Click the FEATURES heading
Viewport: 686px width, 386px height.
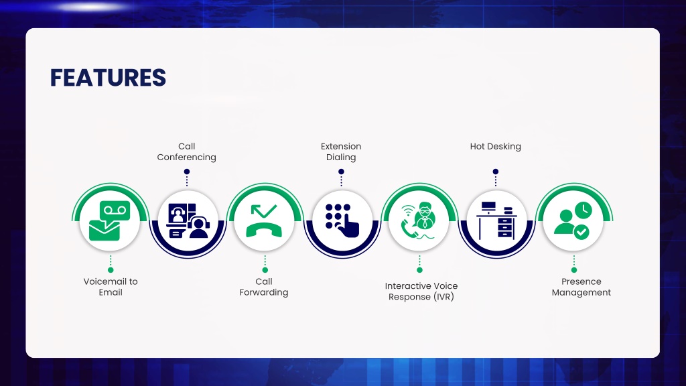pyautogui.click(x=108, y=78)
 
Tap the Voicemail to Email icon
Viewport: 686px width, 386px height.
pyautogui.click(x=109, y=220)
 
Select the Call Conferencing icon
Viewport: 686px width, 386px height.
pyautogui.click(x=188, y=220)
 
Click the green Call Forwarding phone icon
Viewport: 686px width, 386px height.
pyautogui.click(x=264, y=220)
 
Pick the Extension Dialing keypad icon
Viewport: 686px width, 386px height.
pyautogui.click(x=342, y=220)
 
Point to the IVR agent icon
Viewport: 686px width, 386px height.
pyautogui.click(x=419, y=220)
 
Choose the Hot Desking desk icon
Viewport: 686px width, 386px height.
pyautogui.click(x=496, y=220)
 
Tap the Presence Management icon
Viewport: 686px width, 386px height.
pyautogui.click(x=573, y=220)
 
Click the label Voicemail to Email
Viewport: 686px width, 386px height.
pyautogui.click(x=111, y=287)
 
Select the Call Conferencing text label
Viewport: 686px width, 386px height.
pyautogui.click(x=187, y=151)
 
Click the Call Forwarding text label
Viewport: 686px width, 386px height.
pyautogui.click(x=264, y=287)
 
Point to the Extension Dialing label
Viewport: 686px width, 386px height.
pyautogui.click(x=341, y=151)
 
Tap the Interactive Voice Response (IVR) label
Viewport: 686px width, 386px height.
pyautogui.click(x=421, y=291)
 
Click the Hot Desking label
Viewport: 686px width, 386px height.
pyautogui.click(x=496, y=146)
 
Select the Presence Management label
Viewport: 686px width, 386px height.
pyautogui.click(x=581, y=287)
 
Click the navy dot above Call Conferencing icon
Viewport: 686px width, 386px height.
pyautogui.click(x=187, y=172)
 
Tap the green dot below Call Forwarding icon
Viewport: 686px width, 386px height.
pyautogui.click(x=265, y=270)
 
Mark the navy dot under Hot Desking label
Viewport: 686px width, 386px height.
pyautogui.click(x=495, y=172)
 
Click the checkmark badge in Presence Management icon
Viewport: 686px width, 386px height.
pyautogui.click(x=581, y=232)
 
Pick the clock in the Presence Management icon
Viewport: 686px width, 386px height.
pyautogui.click(x=584, y=210)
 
